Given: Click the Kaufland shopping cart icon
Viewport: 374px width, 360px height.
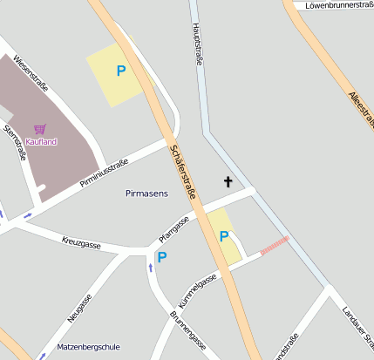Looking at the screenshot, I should tap(40, 128).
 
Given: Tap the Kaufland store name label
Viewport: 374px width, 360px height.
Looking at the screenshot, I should tap(41, 141).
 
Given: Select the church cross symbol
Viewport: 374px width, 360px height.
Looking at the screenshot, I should tap(228, 181).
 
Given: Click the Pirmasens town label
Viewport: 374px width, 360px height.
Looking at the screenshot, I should tap(146, 193).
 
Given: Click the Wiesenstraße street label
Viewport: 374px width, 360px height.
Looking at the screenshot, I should tap(31, 74).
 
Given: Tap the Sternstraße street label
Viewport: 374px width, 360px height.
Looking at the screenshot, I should tap(16, 142).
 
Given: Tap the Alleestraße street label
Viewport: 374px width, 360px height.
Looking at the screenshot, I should tap(360, 110).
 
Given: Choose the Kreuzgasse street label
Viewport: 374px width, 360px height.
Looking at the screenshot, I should tap(81, 242).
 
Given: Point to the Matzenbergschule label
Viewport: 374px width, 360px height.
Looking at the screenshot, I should tap(88, 347).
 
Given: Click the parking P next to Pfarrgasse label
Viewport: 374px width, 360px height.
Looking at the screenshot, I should tap(161, 257).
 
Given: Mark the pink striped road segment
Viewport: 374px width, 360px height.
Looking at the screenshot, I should tap(275, 245).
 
